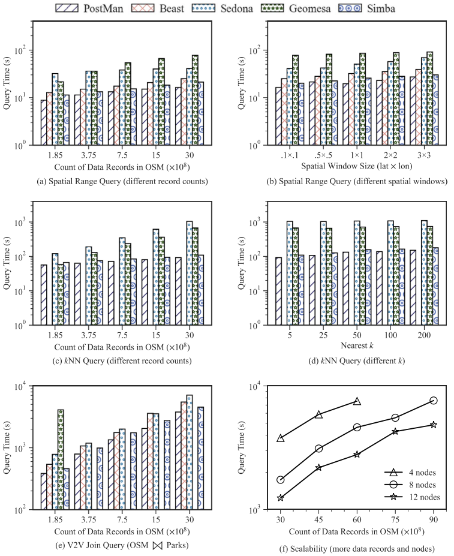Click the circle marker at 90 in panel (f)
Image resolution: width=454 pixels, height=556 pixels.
point(433,400)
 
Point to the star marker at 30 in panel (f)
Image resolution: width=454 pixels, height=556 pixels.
point(280,498)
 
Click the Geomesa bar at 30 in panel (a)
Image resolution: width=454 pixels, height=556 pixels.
point(196,100)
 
